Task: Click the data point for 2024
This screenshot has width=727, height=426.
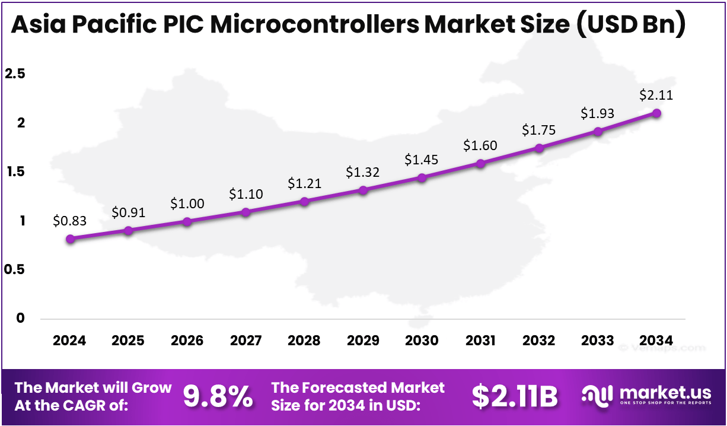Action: point(71,239)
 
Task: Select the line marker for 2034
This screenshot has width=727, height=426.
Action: point(656,113)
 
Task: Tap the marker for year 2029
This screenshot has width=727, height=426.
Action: point(363,190)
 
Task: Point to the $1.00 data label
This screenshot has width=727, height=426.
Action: point(187,204)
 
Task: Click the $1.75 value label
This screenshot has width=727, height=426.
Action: point(539,131)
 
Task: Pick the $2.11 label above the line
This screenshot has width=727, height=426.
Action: point(656,95)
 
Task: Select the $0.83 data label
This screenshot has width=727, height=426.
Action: point(70,221)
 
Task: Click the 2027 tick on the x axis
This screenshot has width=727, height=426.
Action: point(246,341)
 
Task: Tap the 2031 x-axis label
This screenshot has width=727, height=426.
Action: point(480,341)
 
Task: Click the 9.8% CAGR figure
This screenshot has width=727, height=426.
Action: point(217,396)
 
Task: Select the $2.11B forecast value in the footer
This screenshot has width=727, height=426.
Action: point(515,396)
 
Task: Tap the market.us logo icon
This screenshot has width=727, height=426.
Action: point(597,396)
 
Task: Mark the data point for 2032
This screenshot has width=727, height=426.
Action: point(539,148)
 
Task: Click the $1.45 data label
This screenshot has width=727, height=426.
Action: point(422,160)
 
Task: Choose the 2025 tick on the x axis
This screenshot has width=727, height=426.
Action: point(129,341)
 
